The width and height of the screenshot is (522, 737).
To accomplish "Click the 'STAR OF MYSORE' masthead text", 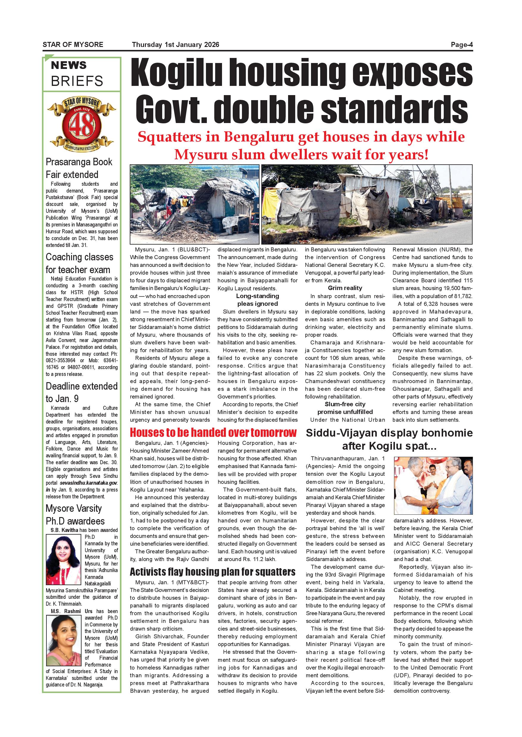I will coord(73,45).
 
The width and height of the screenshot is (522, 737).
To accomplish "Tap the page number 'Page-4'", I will coord(462,45).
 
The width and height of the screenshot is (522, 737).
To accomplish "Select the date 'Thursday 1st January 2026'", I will coord(176,45).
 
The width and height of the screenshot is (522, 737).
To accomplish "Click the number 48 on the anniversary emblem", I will coord(81,126).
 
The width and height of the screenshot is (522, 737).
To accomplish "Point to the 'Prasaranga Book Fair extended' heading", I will coord(79,168).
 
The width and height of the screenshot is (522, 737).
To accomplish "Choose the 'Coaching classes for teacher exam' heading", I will coord(79,263).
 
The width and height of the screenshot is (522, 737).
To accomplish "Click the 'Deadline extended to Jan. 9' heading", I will coord(81,392).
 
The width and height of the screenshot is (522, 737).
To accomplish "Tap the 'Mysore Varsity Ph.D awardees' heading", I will coord(75,514).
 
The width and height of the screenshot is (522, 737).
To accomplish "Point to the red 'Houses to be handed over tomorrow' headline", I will coord(213,433).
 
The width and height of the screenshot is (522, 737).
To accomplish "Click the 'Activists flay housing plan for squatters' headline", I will coord(212,572).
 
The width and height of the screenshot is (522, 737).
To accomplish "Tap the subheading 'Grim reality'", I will coord(345,288).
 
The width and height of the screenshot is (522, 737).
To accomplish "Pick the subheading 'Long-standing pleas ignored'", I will coord(257,300).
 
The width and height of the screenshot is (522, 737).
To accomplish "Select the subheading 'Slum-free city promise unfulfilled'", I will coord(345,408).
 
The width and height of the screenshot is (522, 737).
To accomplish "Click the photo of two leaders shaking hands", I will coord(433,486).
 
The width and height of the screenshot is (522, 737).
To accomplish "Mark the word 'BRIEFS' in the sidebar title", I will coord(77,81).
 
